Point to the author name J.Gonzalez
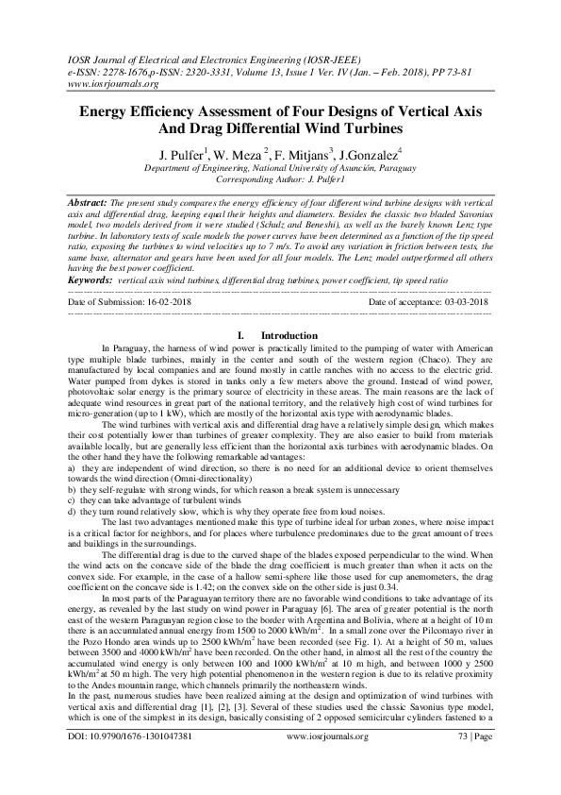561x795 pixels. [369, 154]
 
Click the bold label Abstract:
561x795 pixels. [91, 203]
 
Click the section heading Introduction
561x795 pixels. [289, 335]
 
